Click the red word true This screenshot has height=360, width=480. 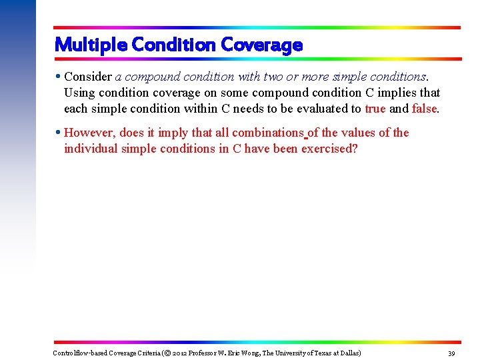tap(375, 109)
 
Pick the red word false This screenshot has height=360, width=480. tap(425, 109)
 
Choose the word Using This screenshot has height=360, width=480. tap(79, 93)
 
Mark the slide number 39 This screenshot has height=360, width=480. tap(451, 353)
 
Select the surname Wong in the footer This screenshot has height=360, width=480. tap(249, 353)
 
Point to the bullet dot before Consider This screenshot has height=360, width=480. tap(58, 77)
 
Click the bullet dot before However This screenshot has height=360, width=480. tap(58, 133)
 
